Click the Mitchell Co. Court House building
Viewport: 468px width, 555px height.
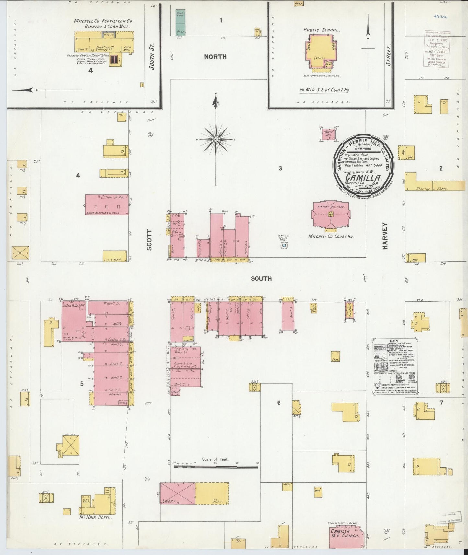(x=330, y=214)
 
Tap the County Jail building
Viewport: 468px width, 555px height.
(x=328, y=134)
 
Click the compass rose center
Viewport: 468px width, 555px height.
(x=215, y=139)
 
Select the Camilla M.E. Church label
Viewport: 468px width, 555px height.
(x=345, y=533)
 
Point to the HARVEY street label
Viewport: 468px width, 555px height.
(x=385, y=236)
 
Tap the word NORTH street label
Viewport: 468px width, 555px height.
(x=215, y=57)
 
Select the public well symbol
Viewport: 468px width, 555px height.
(x=284, y=246)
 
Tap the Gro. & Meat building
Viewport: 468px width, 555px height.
(x=115, y=256)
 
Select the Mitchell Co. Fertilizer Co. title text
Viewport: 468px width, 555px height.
(x=104, y=21)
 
